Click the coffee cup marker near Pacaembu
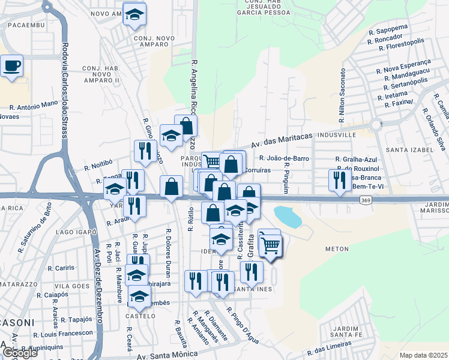pos(11,65)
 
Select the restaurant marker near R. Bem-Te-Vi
pos(340,179)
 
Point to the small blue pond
pos(288,216)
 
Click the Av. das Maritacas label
pos(282,140)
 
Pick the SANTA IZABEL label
pos(409,149)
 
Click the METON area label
pos(336,248)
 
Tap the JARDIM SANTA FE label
pos(340,331)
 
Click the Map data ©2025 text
pos(424,355)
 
